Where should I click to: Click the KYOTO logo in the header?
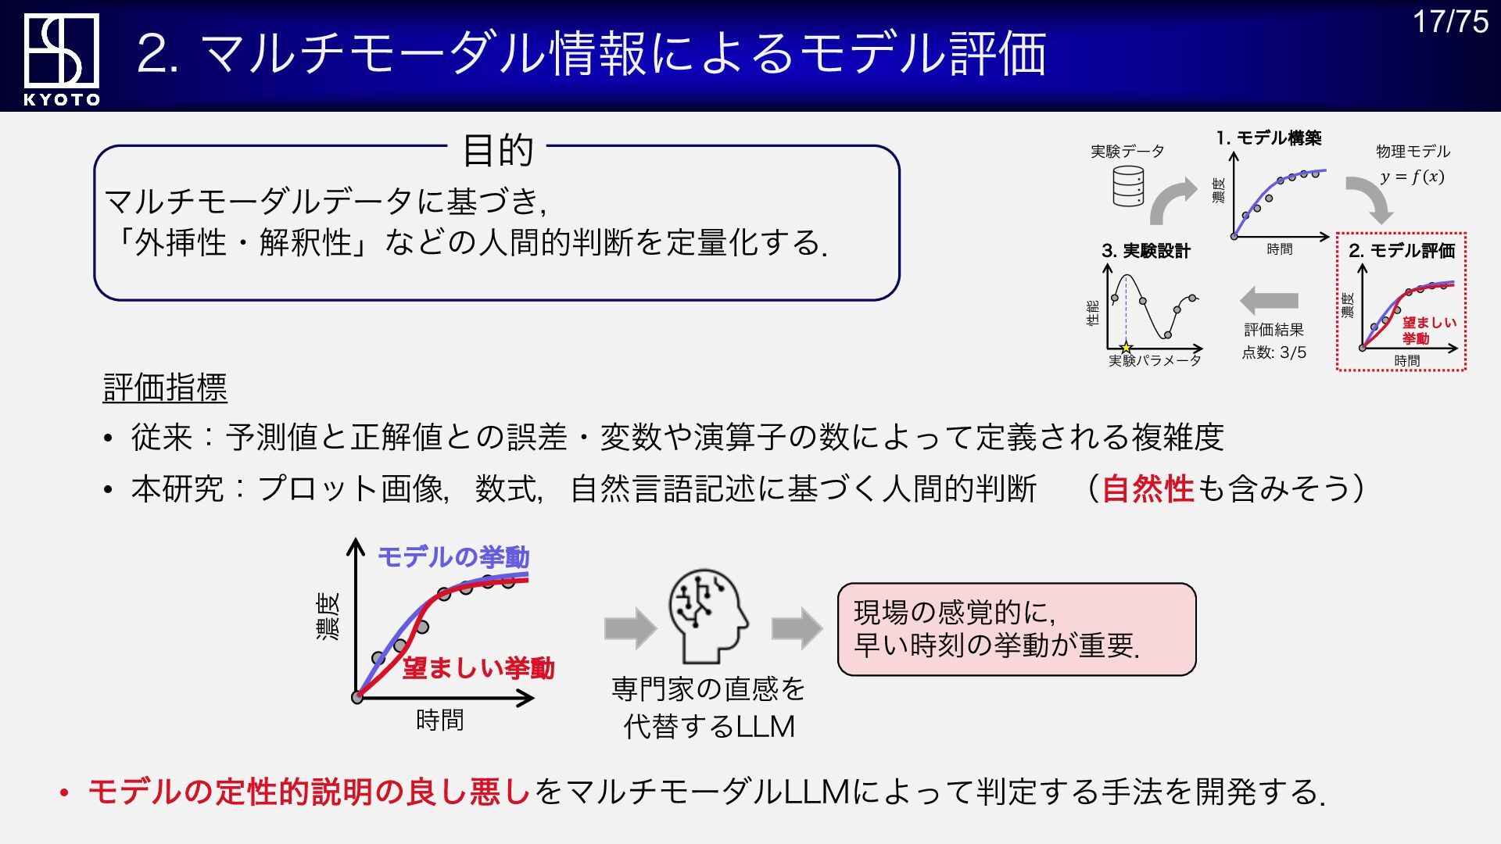62,59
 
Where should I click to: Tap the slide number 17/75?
1450,22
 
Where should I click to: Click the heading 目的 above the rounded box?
498,150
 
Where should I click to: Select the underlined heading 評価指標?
165,388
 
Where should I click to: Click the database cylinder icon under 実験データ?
1128,187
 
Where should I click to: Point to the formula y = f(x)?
1412,177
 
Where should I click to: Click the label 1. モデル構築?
1268,138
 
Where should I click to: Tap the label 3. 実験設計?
1145,251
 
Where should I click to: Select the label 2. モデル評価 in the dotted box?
1401,251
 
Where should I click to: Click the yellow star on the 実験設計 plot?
1126,348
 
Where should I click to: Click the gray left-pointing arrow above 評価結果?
1269,301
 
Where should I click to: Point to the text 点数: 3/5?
1274,352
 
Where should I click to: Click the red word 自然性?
1148,489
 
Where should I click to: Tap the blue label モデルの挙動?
453,557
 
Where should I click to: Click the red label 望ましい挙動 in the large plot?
478,668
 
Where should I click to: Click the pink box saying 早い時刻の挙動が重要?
1016,629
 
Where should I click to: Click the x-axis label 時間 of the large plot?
439,720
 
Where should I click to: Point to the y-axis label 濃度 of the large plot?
328,617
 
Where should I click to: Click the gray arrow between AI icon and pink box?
797,628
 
